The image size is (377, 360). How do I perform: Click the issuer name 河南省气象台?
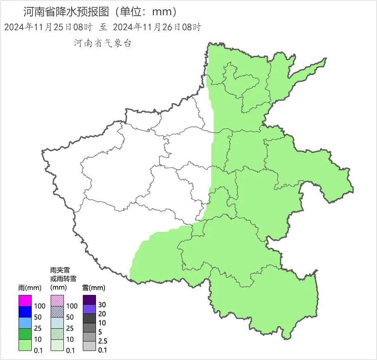click(x=103, y=43)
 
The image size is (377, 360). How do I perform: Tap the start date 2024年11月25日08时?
click(x=48, y=27)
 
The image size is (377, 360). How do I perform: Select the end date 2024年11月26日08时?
click(x=157, y=27)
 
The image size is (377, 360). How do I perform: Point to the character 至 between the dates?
click(x=103, y=27)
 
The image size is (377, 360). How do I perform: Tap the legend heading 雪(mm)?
click(x=94, y=287)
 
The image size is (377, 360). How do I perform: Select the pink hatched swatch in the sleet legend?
click(x=57, y=301)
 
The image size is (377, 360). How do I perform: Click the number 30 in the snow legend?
click(x=102, y=304)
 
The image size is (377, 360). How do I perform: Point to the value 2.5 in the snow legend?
click(x=103, y=341)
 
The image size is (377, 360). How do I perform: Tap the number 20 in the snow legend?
click(x=102, y=314)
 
